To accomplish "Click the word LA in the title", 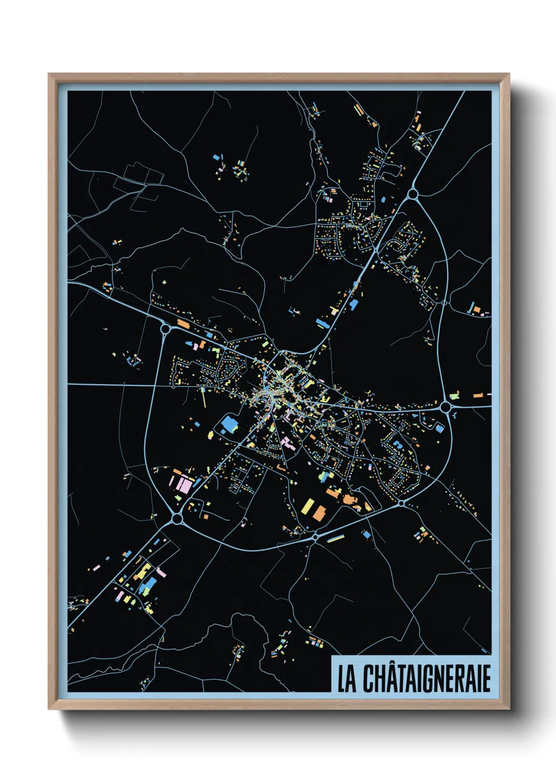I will click(346, 679).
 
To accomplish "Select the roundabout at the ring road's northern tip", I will click(413, 195).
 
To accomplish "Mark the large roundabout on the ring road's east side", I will click(446, 406).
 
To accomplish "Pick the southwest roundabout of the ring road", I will click(177, 519).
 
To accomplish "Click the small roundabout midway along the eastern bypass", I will click(444, 303).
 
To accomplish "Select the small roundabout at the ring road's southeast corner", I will click(401, 503).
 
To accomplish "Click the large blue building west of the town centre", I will click(229, 424).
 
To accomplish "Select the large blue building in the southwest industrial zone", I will click(149, 585).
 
